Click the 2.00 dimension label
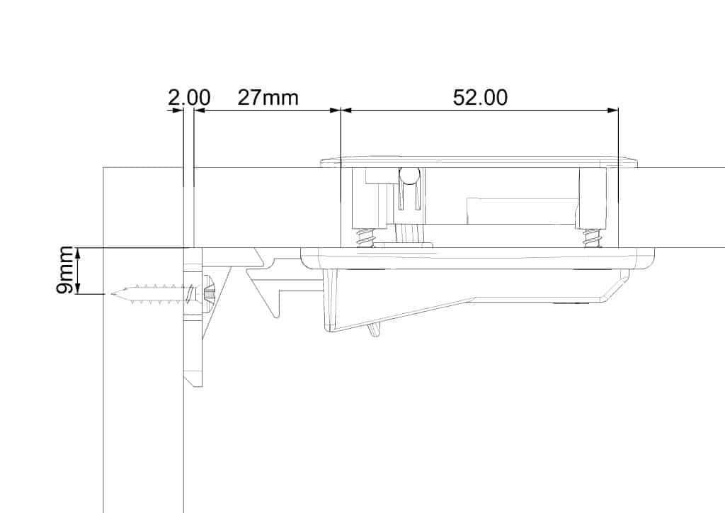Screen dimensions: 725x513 (x=188, y=98)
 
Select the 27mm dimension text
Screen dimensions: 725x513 (x=268, y=98)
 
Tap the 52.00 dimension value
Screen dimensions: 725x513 (x=480, y=98)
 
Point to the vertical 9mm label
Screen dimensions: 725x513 (x=64, y=271)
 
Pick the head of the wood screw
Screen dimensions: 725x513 (x=207, y=294)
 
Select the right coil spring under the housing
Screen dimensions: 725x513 (x=591, y=238)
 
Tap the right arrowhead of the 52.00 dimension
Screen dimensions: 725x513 (x=612, y=110)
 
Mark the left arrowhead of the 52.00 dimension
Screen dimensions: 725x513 (x=346, y=110)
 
